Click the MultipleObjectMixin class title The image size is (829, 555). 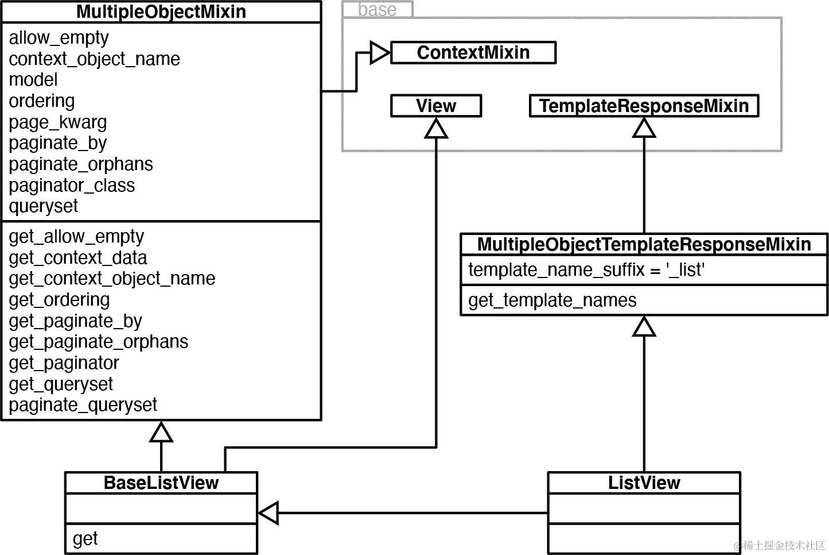161,11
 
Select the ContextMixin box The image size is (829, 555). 473,52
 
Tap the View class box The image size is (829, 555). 435,106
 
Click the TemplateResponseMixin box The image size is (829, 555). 643,106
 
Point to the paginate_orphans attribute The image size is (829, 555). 81,164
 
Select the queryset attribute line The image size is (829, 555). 44,206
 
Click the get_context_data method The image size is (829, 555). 78,257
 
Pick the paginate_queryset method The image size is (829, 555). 83,405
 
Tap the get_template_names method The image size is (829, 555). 552,300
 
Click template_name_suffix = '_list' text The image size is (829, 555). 586,269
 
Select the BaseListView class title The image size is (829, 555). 161,483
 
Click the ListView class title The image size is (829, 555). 644,483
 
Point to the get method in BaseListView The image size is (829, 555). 85,539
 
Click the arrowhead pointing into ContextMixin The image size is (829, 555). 380,53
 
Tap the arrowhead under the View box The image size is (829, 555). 436,129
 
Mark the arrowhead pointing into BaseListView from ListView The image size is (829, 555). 268,513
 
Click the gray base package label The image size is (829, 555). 377,9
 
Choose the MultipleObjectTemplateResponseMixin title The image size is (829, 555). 644,244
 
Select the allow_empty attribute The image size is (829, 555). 59,38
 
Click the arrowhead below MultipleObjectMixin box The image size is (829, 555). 161,432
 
